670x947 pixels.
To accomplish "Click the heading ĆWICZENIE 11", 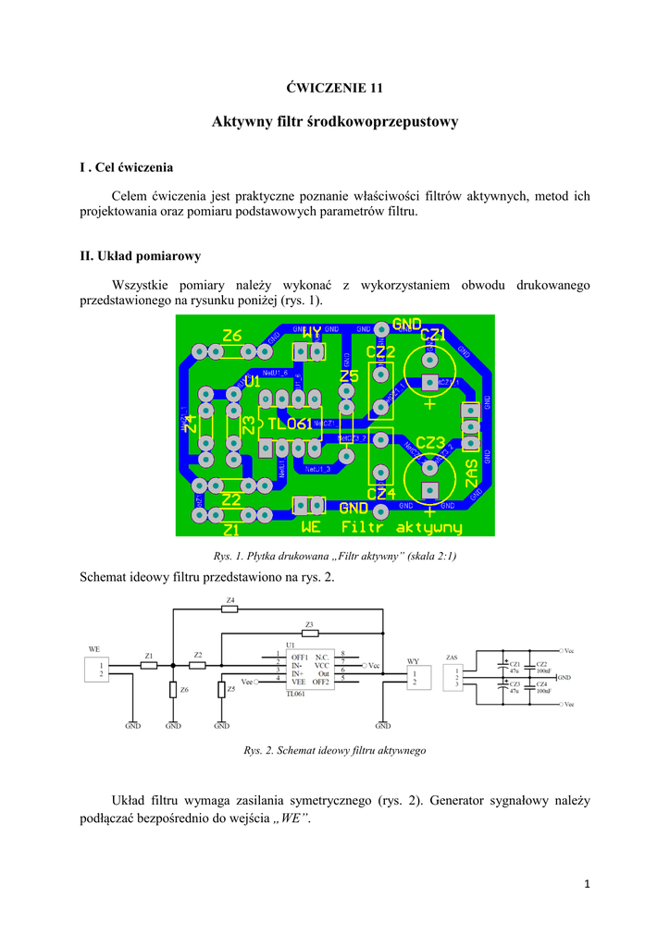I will pos(334,89).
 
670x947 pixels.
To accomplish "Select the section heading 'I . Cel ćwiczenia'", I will pos(126,167).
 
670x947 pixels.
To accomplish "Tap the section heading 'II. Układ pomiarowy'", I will pos(140,256).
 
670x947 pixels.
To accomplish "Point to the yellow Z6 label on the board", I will pos(231,336).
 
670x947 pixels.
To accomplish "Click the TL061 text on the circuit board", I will pos(289,424).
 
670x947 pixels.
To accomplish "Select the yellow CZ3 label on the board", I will pos(430,443).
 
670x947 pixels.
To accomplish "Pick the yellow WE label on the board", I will pos(311,527).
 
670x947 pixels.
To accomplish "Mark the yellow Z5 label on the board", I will pos(348,376).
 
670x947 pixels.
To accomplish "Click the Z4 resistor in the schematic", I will pos(230,609).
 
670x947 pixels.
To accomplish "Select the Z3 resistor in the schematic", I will pos(309,633).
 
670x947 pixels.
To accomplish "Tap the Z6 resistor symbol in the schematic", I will pos(173,690).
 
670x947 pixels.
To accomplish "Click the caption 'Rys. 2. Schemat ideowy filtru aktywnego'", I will pos(334,751).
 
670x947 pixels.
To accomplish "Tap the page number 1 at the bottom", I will pos(587,884).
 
